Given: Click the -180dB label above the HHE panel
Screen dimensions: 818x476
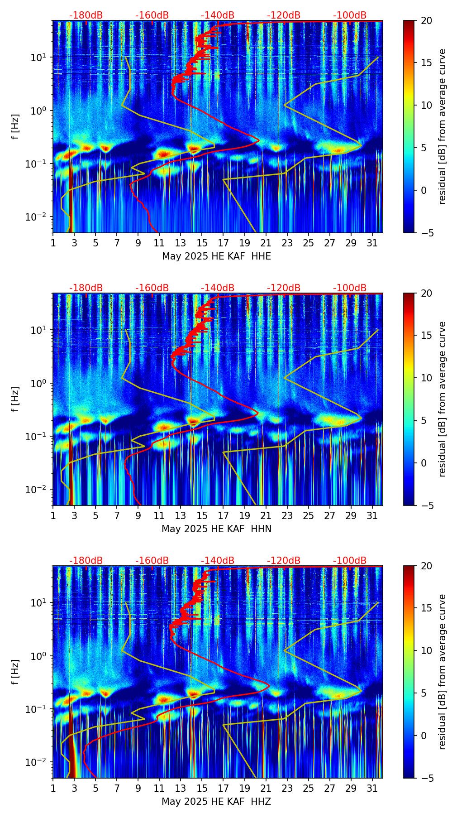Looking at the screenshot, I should pos(86,15).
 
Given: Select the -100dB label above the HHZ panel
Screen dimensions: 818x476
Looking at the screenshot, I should pos(350,561).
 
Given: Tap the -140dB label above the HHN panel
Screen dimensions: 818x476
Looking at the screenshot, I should pos(218,288).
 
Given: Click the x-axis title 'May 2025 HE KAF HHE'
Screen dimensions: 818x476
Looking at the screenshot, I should pos(216,256).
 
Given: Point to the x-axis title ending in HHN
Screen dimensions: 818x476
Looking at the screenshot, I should pos(216,529).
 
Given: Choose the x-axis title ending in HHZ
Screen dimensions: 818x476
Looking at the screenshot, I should pos(216,802).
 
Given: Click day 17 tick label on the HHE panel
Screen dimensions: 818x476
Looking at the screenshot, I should pos(223,243).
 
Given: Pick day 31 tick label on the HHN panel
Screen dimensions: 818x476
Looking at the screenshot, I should pos(372,515).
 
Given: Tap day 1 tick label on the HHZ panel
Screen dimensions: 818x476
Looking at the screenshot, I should pos(53,788).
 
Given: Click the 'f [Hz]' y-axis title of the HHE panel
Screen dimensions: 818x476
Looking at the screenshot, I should pos(15,127).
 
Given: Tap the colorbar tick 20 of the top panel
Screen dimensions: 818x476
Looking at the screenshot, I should pos(426,21).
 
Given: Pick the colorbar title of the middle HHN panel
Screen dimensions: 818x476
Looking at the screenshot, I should pos(442,399).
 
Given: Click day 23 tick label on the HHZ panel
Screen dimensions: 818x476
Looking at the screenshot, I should pos(287,788).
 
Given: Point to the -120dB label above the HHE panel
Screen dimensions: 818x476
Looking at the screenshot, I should pos(284,15).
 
